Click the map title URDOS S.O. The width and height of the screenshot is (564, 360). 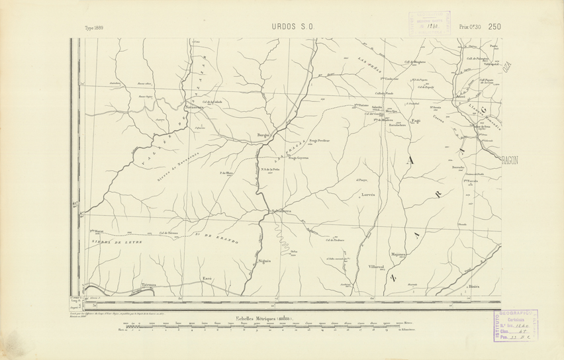pos(292,27)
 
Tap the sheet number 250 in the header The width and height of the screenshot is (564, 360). pos(494,26)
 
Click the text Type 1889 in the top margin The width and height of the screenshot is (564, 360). pos(98,28)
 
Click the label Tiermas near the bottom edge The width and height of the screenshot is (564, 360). pos(148,285)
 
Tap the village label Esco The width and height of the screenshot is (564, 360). pos(207,279)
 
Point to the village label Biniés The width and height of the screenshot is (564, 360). pos(474,287)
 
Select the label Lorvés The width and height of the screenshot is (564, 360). pos(368,195)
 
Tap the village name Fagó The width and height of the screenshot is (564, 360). pos(416,121)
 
